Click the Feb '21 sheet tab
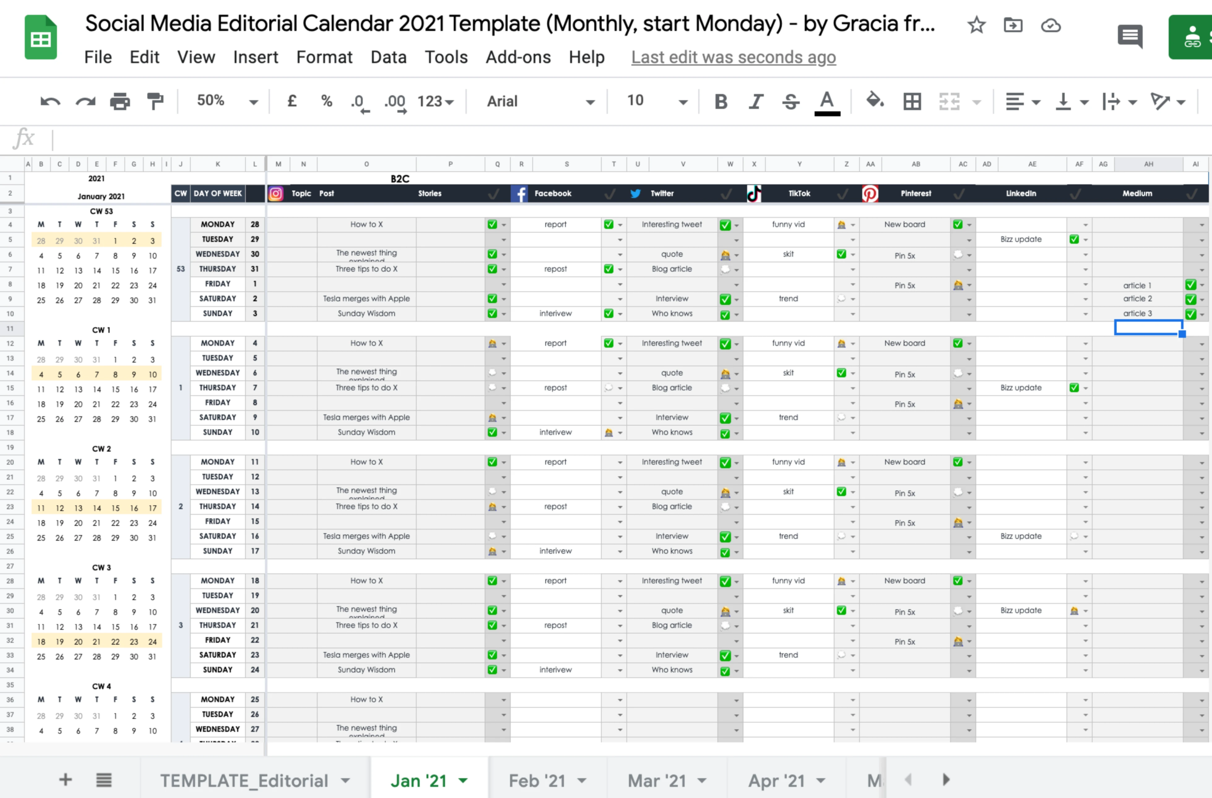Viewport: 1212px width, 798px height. tap(537, 780)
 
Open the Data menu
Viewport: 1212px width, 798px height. tap(388, 57)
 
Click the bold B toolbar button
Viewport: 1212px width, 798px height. tap(721, 101)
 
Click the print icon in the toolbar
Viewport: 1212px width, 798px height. tap(120, 101)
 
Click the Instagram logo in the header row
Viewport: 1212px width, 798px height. tap(276, 194)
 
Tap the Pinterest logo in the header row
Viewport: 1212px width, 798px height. tap(870, 194)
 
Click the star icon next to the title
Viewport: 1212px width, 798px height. tap(976, 25)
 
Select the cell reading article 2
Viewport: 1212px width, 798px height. tap(1137, 299)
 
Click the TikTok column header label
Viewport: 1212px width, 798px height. tap(799, 193)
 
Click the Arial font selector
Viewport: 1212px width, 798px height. tap(540, 101)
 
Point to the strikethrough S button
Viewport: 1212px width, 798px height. tap(790, 101)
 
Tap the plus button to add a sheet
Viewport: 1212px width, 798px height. tap(65, 780)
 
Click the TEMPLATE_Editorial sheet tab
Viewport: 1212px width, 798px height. tap(244, 780)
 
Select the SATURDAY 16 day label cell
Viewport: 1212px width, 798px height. tap(217, 536)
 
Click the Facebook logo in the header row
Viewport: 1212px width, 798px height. tap(520, 194)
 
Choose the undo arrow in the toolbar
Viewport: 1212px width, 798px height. tap(50, 101)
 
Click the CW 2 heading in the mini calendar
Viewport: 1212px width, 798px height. tap(101, 449)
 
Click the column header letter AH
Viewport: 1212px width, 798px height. tap(1149, 164)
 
